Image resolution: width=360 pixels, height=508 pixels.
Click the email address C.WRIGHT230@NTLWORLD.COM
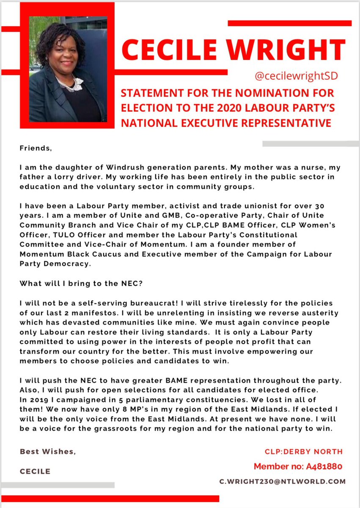282,481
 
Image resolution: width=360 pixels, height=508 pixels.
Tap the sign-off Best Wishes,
48,452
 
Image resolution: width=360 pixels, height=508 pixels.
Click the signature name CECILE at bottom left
35,471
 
